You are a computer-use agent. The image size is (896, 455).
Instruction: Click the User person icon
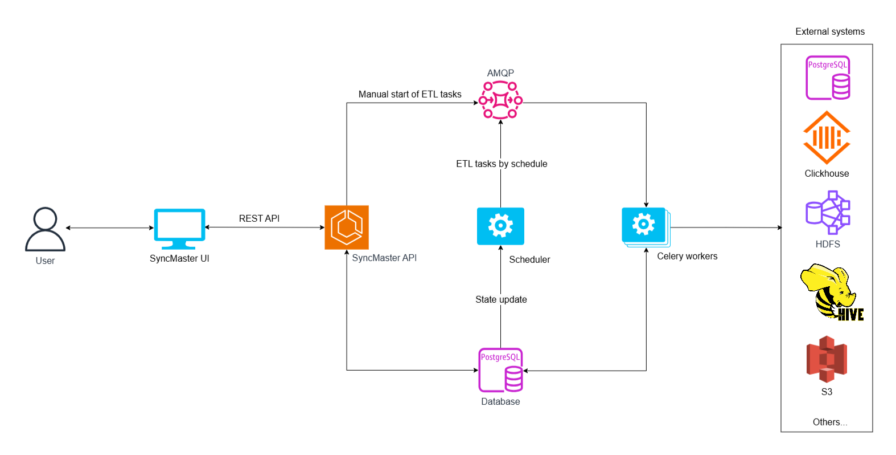(45, 229)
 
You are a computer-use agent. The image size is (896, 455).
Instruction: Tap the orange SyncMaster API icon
(347, 227)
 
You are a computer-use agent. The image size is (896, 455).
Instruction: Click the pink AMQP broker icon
(500, 100)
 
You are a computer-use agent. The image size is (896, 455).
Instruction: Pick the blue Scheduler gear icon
(500, 226)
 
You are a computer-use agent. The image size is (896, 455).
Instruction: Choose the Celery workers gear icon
(645, 226)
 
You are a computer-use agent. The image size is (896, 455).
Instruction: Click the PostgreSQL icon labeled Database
(500, 370)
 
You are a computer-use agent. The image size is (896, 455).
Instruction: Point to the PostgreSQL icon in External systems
(828, 78)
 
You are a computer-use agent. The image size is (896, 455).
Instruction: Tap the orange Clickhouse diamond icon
(827, 137)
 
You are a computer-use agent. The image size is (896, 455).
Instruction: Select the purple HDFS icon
(828, 212)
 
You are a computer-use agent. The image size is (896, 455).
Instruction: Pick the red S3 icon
(827, 359)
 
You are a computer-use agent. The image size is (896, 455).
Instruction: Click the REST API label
(259, 218)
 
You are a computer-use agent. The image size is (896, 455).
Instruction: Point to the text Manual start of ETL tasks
(410, 94)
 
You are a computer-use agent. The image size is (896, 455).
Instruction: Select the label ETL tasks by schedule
(502, 164)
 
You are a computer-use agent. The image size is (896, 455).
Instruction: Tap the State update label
(501, 299)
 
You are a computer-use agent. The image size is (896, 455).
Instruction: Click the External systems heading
(830, 31)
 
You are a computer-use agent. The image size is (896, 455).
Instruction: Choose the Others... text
(829, 422)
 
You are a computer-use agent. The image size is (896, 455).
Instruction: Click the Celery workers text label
(687, 256)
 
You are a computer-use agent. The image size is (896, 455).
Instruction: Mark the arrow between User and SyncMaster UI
(109, 228)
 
